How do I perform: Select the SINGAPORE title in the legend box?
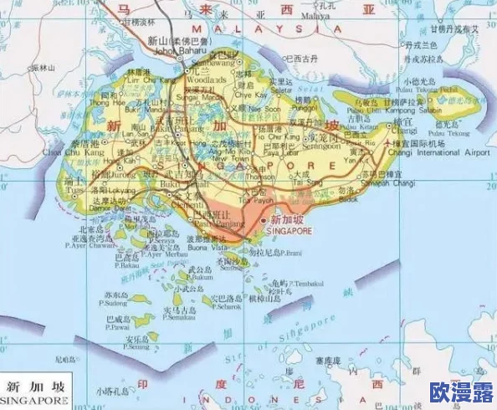pos(35,400)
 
